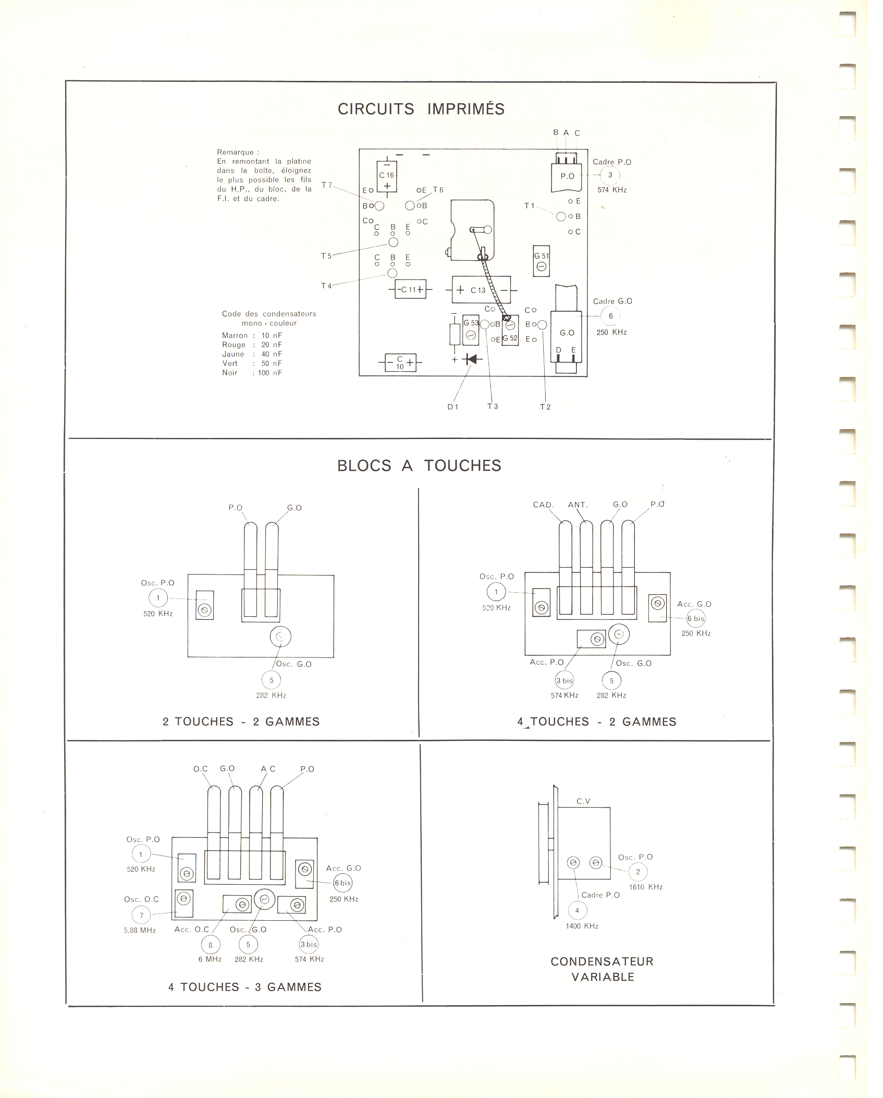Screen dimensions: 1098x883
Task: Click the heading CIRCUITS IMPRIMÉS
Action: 421,109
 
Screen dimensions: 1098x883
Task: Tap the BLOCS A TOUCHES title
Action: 419,466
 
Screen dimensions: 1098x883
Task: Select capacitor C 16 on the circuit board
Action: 387,176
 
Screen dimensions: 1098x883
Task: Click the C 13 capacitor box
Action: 477,290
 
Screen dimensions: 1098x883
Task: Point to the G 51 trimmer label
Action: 542,256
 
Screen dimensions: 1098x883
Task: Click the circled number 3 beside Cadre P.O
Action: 610,175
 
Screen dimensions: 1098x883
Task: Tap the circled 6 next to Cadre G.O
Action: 611,316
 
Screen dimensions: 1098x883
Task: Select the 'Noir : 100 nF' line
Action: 252,373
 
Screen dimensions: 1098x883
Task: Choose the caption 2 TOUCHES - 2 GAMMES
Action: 241,722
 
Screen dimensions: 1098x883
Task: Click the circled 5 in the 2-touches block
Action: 271,680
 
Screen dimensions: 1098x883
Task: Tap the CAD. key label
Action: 543,505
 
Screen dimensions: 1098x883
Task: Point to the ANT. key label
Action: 578,505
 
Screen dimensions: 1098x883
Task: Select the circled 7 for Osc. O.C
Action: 141,914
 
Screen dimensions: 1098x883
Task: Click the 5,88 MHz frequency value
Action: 140,930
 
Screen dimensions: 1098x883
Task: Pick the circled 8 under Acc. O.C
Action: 211,944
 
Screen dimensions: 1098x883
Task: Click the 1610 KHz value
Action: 645,887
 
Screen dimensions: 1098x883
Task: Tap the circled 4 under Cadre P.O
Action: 577,910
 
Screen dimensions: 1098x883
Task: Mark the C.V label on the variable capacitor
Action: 583,801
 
